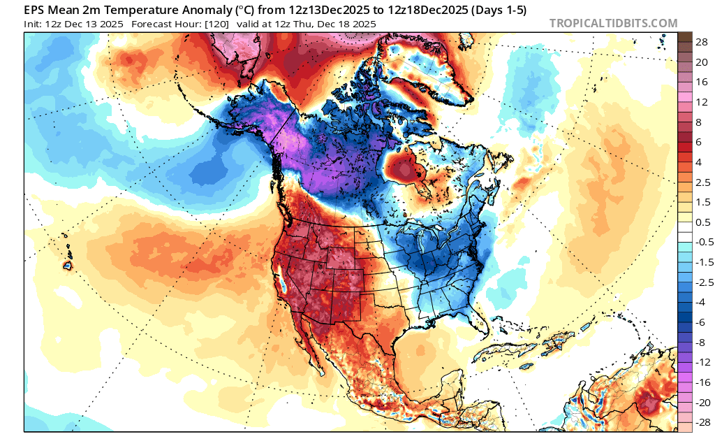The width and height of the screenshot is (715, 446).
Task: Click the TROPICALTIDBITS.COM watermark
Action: (x=613, y=23)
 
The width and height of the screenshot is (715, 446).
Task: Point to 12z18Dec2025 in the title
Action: (x=414, y=10)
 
